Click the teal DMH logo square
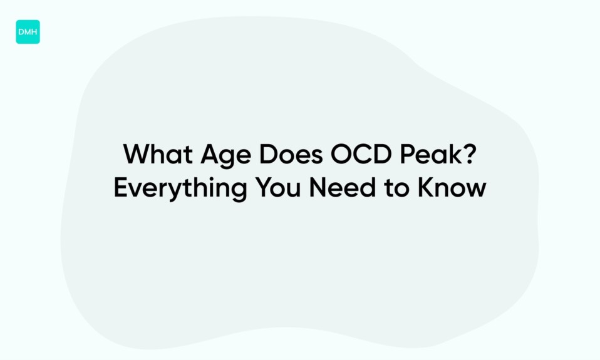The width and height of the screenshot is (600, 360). (28, 32)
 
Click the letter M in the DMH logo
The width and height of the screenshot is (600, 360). (28, 32)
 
